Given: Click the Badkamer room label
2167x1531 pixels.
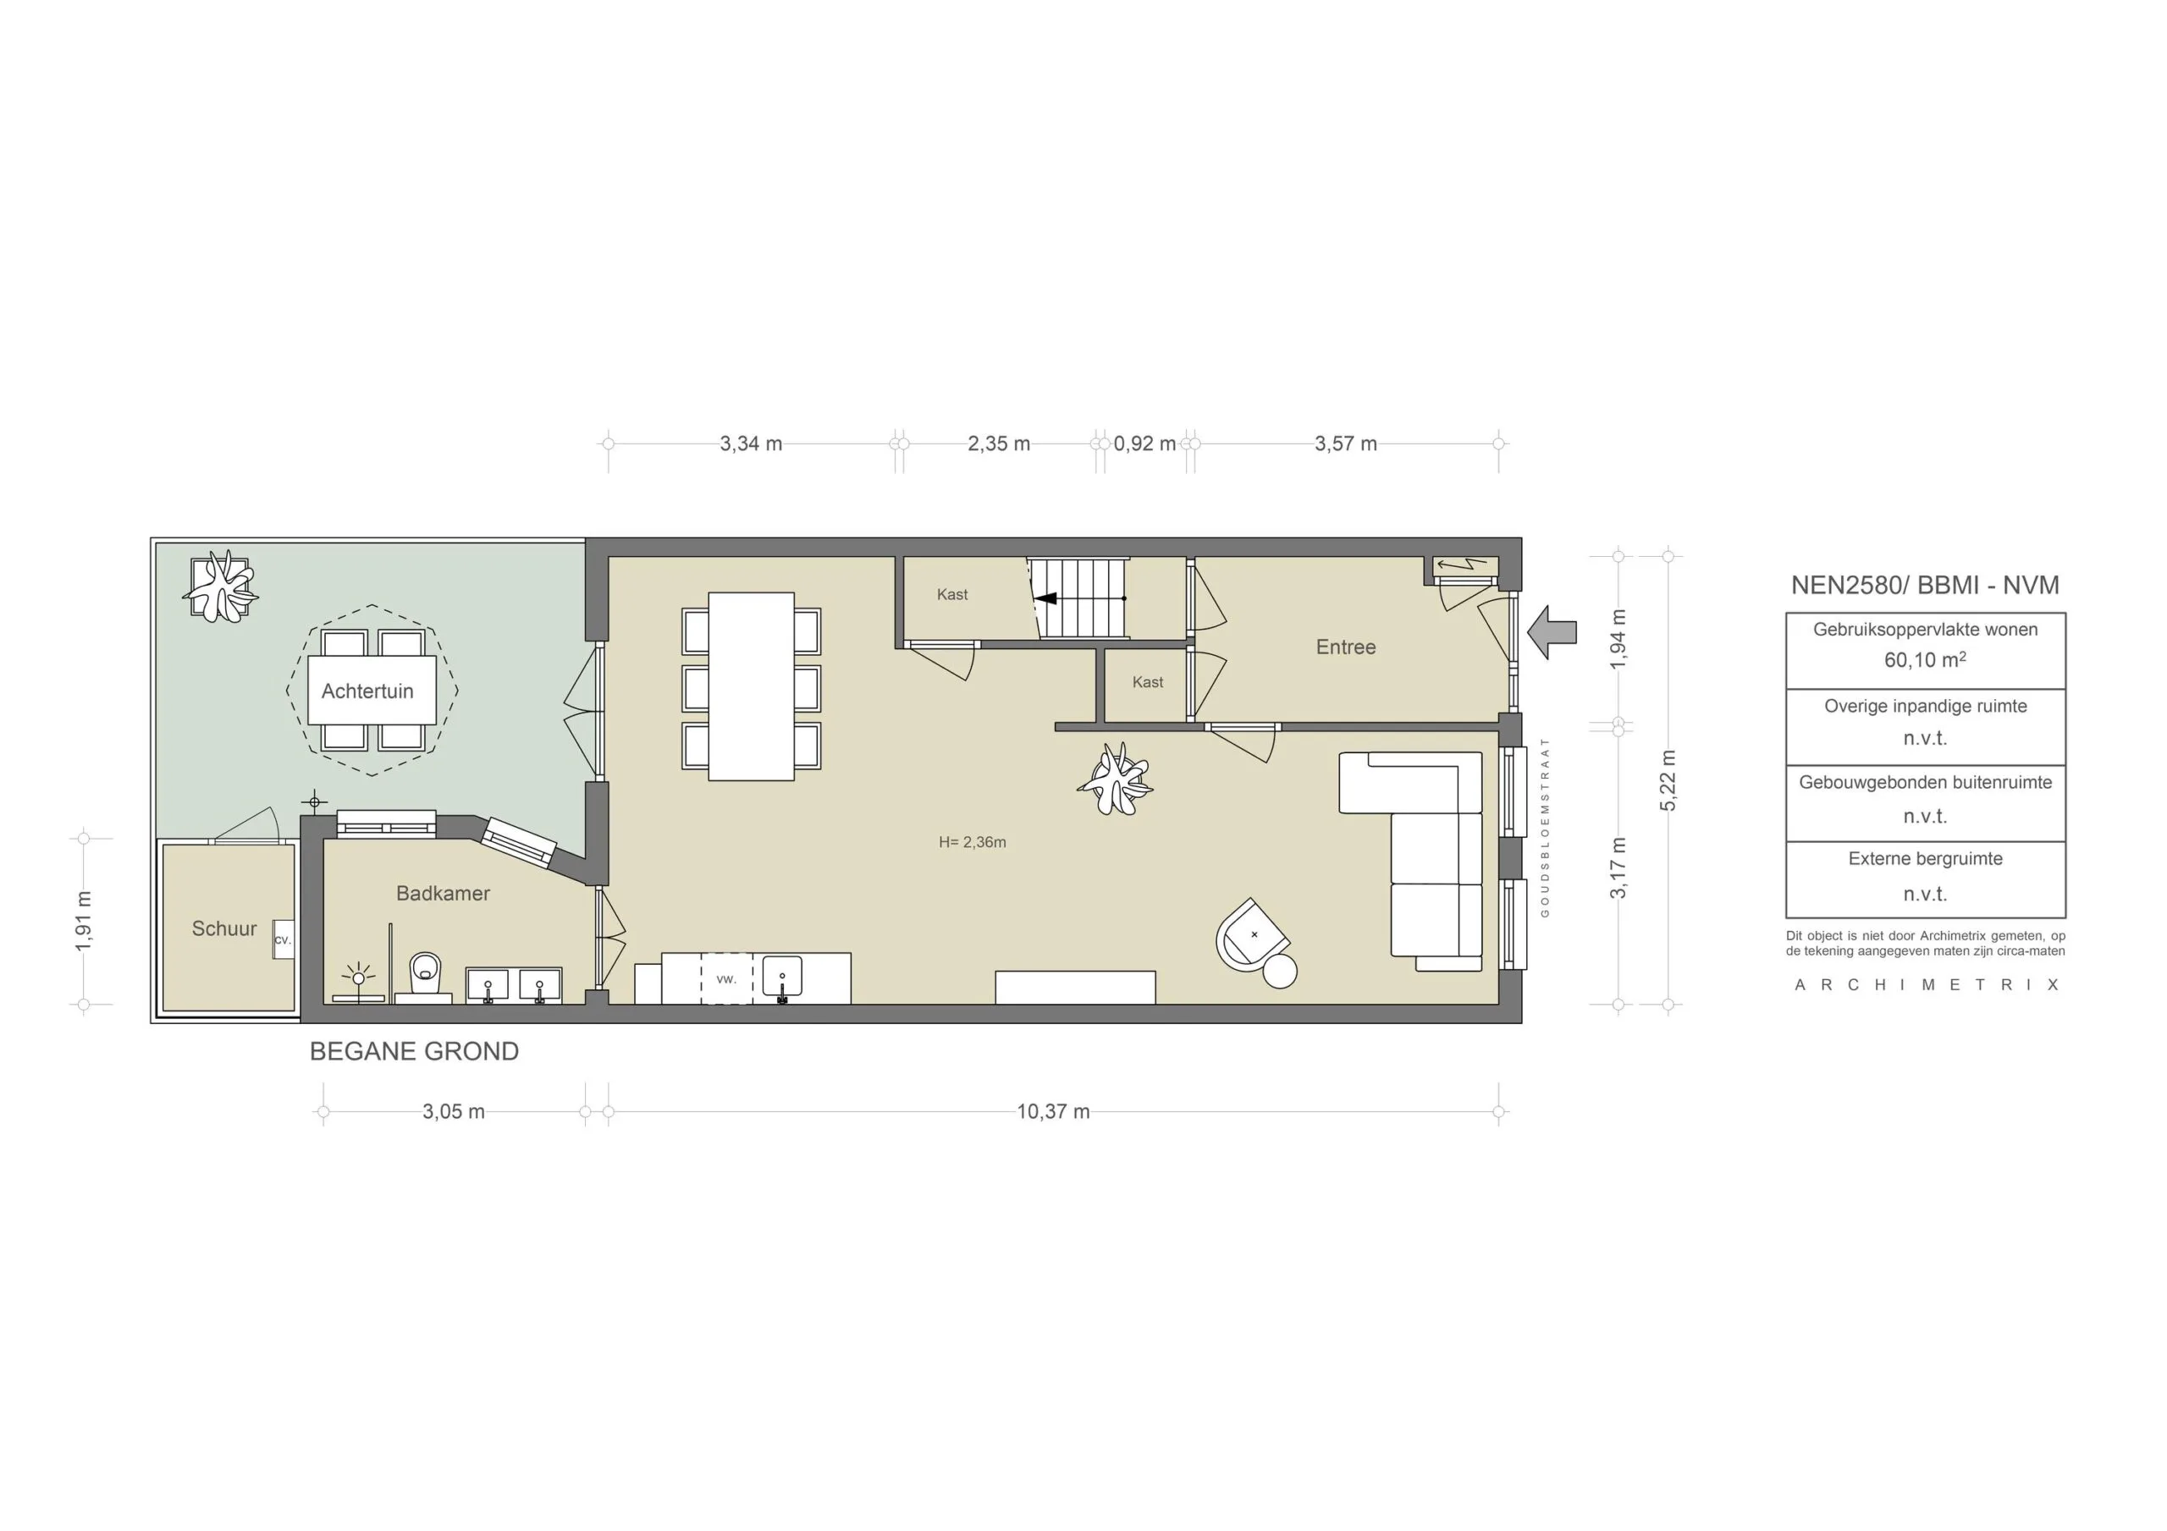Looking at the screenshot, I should click(443, 893).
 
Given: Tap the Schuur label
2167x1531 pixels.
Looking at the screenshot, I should click(223, 928).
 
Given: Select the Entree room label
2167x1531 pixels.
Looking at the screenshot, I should click(1345, 647).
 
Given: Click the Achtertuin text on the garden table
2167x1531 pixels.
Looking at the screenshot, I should click(367, 691).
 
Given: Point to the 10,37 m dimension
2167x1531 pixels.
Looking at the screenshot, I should click(1052, 1112).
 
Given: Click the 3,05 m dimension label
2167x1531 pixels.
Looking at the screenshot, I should click(453, 1112).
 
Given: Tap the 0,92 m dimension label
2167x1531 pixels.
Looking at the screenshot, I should click(1144, 443).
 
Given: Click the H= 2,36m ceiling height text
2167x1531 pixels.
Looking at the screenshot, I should click(972, 843).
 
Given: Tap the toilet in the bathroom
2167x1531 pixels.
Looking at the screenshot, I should click(426, 972).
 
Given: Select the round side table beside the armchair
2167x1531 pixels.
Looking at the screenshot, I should click(1280, 972).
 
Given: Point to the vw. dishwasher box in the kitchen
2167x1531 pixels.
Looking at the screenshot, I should click(725, 979).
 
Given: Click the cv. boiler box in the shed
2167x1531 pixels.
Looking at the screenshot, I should click(282, 940).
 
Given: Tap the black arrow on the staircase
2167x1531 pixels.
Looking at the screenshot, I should click(1045, 598).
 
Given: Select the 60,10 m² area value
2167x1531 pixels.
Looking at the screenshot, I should click(1924, 660).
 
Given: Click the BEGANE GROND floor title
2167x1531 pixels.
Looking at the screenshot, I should click(414, 1051).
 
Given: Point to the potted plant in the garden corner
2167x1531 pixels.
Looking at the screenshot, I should click(220, 587).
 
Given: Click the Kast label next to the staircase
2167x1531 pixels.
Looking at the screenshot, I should click(951, 595).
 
